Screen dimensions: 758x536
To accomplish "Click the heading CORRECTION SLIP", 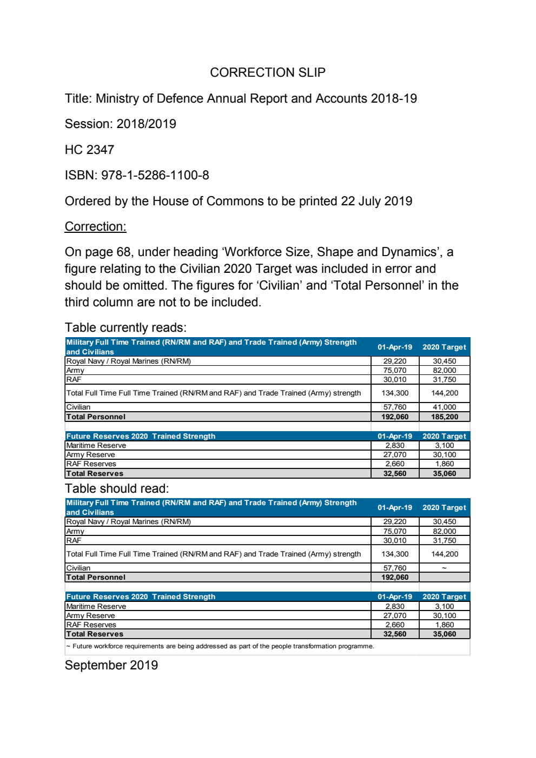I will [267, 72].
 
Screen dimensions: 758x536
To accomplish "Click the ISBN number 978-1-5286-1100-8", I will [155, 175].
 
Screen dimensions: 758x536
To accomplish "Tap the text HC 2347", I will [89, 150].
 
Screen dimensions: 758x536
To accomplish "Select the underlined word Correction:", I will [95, 226].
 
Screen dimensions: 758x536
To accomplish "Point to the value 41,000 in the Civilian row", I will [444, 407].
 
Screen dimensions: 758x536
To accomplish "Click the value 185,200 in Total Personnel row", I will [444, 417].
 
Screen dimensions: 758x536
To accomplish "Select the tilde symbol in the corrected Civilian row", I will [444, 568].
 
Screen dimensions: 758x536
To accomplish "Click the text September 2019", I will [111, 665].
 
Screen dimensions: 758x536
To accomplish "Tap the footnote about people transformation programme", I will [220, 646].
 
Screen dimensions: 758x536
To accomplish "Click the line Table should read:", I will [117, 488].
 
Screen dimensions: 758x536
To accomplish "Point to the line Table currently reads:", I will [125, 327].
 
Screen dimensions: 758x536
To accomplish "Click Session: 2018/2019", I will [120, 124].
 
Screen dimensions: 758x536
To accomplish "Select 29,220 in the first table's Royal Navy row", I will [394, 361].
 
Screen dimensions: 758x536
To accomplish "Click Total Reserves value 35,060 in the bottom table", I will [444, 634].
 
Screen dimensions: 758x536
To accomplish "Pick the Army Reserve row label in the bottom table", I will [90, 615].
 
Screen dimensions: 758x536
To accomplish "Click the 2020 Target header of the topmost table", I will [444, 347].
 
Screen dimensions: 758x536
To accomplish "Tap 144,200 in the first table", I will [444, 393].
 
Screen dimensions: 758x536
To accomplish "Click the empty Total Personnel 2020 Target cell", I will [444, 578].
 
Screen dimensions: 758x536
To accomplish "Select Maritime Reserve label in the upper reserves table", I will [96, 446].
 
